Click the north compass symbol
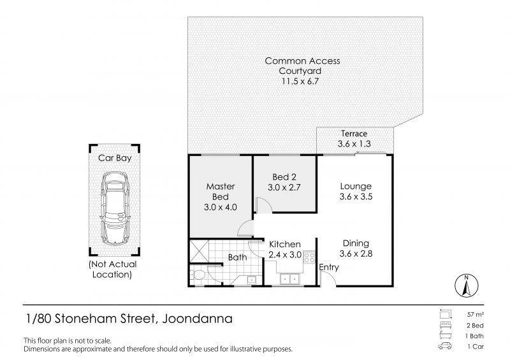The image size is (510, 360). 467,284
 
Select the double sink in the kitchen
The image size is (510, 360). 289,278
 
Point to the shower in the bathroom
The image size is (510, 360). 200,250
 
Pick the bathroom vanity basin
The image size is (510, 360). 251,279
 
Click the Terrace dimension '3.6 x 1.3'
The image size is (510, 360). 353,145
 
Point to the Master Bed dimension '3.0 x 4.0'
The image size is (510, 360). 221,206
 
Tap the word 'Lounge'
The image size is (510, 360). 356,186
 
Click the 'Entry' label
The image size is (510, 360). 330,267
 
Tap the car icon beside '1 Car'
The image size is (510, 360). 444,347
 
